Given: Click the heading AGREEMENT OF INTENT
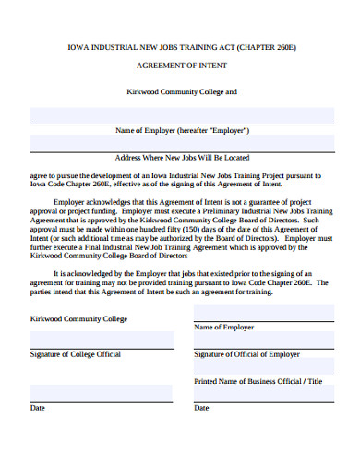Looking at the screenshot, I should pos(180,66).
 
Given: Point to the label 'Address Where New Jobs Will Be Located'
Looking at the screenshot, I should pos(180,158).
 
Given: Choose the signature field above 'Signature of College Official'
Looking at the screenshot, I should pos(102,339).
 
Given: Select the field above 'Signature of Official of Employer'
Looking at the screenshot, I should pos(263,339).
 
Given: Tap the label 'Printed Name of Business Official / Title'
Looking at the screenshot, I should pos(258,381).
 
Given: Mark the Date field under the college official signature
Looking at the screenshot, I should pos(102,392).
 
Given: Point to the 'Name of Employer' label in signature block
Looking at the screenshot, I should pos(223,328).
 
